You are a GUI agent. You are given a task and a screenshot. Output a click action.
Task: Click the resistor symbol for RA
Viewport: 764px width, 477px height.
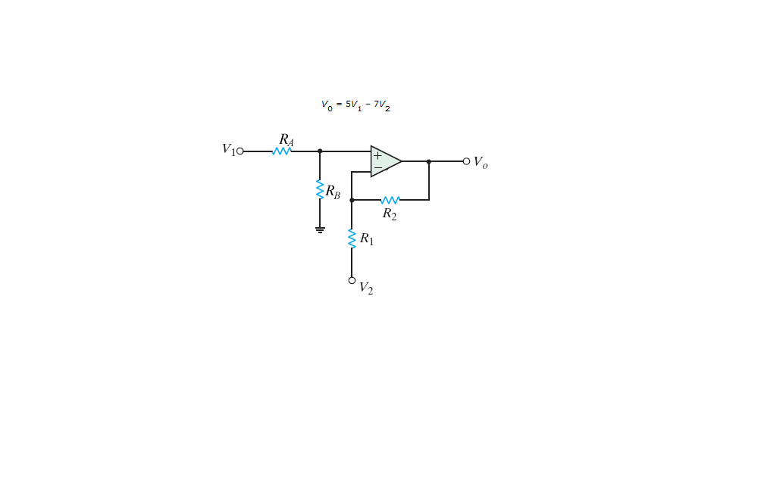point(282,151)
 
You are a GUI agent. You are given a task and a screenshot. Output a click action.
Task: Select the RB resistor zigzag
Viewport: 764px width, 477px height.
point(320,189)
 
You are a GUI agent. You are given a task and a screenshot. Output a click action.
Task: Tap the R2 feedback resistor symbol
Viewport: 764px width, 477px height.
point(390,200)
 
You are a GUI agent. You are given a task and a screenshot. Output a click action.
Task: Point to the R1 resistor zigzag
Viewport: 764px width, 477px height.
point(352,238)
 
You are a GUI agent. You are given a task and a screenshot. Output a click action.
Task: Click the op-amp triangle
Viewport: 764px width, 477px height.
point(385,161)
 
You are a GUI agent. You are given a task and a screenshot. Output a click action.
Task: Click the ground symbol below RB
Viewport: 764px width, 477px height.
point(320,229)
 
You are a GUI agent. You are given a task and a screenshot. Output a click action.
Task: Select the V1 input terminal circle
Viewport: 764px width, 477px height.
point(240,151)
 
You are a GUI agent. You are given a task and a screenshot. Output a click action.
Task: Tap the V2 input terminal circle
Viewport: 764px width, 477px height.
point(352,280)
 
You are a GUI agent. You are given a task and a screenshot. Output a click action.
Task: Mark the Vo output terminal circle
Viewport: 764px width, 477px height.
point(466,161)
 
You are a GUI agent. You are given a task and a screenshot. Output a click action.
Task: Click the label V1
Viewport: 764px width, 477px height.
point(228,149)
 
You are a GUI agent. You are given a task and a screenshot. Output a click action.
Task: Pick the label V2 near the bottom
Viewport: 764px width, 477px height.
point(365,288)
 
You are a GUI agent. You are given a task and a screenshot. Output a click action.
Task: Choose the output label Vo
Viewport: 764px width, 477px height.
point(481,162)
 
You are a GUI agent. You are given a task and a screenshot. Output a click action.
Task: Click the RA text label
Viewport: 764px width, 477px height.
point(286,139)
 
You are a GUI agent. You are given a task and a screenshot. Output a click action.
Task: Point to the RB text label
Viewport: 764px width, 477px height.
point(333,192)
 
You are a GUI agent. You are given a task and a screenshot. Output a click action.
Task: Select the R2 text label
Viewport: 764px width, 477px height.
point(389,214)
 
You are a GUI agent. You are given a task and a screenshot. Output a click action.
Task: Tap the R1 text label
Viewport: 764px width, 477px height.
point(366,239)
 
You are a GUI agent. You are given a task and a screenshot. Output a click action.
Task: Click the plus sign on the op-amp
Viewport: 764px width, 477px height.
point(377,156)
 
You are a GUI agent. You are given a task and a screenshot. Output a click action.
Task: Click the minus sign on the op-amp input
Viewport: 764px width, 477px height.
point(377,168)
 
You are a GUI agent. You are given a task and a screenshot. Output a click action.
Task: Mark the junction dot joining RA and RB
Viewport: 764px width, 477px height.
point(320,151)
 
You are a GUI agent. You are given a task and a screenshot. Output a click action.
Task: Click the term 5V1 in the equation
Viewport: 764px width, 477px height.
point(353,104)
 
